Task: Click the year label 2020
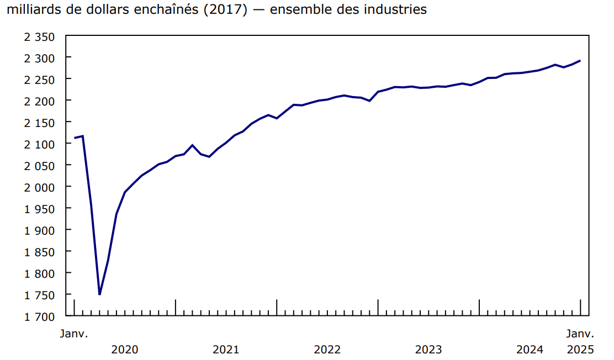tap(125, 350)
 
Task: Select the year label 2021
tap(226, 350)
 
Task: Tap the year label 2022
tap(327, 350)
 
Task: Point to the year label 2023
tap(428, 350)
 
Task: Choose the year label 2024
tap(530, 350)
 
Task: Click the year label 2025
tap(580, 350)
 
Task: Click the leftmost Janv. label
tap(74, 333)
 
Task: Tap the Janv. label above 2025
tap(580, 333)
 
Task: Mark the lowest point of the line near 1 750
tap(99, 294)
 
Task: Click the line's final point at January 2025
tap(580, 61)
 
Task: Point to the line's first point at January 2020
tap(74, 138)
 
